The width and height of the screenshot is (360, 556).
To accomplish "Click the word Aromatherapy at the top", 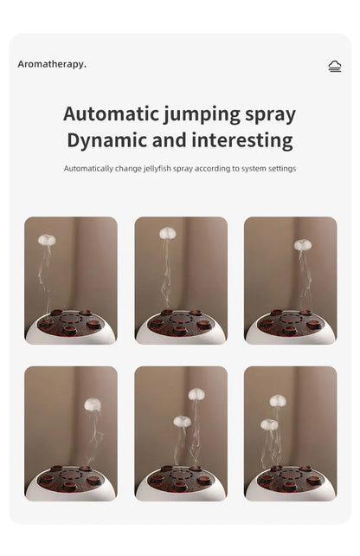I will [x=52, y=64].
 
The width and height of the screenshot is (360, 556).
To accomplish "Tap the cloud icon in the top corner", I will [x=335, y=66].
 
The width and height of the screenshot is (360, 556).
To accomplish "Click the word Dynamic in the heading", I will [x=108, y=141].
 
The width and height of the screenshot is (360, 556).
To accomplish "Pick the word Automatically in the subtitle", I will [x=89, y=168].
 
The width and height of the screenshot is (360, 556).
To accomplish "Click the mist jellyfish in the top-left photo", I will [x=47, y=240].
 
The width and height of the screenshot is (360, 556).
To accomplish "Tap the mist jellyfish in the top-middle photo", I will [x=167, y=233].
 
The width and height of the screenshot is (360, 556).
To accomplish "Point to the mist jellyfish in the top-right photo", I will [x=302, y=245].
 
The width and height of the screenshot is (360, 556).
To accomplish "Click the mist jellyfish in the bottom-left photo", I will [x=93, y=404].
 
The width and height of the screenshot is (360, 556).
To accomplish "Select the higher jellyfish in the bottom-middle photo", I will [x=197, y=394].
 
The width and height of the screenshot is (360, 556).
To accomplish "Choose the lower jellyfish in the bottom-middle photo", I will [x=182, y=421].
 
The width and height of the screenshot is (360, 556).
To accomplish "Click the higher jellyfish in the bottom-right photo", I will [x=278, y=400].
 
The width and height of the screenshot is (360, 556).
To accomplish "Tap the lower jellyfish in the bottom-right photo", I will [x=269, y=424].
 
